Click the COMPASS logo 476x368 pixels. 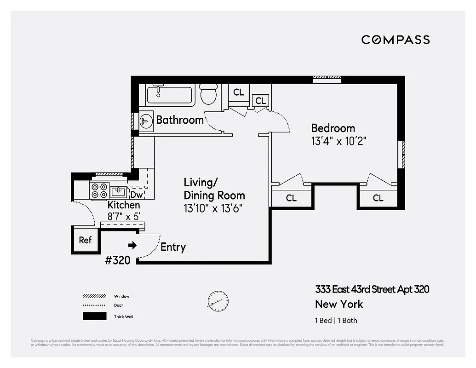[x=396, y=40]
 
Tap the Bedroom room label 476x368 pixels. [x=333, y=128]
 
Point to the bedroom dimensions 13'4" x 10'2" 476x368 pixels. [x=338, y=141]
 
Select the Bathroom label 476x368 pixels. [x=179, y=120]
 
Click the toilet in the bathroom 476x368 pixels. [x=209, y=95]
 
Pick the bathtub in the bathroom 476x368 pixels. [x=169, y=95]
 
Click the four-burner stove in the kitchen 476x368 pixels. [x=98, y=191]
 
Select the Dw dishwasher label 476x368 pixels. [x=137, y=195]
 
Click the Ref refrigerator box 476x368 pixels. [x=85, y=240]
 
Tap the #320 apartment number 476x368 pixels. [x=118, y=260]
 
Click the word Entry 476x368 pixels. [x=173, y=247]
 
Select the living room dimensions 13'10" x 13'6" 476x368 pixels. [x=212, y=208]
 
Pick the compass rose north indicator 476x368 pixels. [x=218, y=299]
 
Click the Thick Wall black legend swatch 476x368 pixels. [x=94, y=316]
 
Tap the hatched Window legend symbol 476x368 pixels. [x=94, y=296]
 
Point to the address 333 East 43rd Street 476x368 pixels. [x=372, y=289]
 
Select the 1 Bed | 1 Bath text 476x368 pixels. [x=336, y=321]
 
